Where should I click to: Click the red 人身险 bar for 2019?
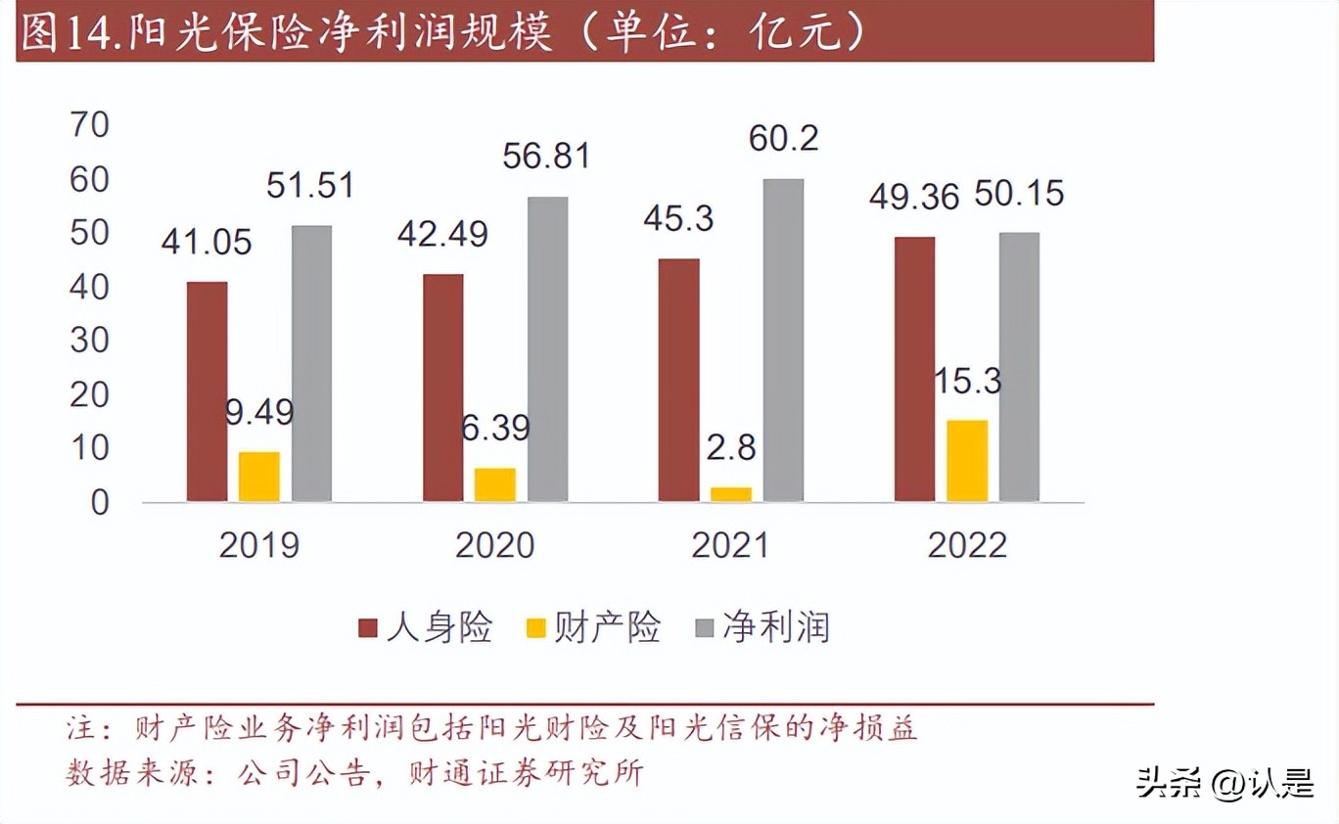(x=207, y=391)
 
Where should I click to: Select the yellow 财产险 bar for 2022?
(x=967, y=461)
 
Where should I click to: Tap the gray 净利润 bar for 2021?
(x=783, y=341)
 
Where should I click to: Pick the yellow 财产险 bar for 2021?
(x=731, y=494)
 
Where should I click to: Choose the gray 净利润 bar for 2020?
(x=547, y=349)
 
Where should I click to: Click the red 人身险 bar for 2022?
(x=914, y=369)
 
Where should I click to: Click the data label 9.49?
(x=258, y=412)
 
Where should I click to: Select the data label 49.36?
(x=914, y=195)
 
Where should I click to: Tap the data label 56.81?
(x=547, y=156)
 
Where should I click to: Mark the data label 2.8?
(x=731, y=447)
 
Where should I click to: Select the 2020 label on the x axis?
(x=495, y=545)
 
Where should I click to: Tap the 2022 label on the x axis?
(x=967, y=545)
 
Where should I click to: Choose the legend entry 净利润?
(x=775, y=627)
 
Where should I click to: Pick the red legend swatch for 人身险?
(x=368, y=628)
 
